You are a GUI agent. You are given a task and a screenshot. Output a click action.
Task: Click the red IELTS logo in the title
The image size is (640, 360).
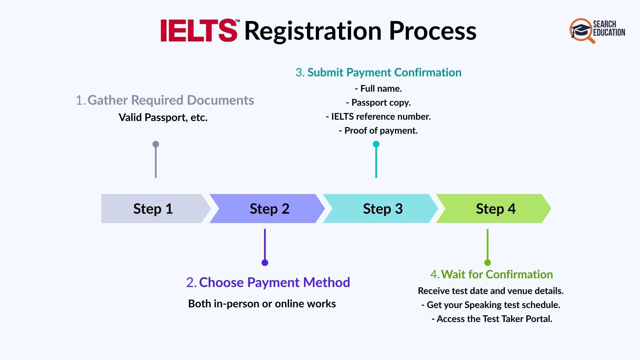pyautogui.click(x=199, y=31)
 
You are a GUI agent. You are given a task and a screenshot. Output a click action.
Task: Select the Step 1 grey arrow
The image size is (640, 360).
pyautogui.click(x=153, y=209)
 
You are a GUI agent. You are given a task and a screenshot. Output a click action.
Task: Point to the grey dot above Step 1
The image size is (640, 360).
pyautogui.click(x=156, y=144)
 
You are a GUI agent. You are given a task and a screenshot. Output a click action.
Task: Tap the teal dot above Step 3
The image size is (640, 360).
pyautogui.click(x=376, y=144)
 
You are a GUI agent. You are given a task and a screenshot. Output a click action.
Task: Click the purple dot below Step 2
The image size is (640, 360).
pyautogui.click(x=265, y=263)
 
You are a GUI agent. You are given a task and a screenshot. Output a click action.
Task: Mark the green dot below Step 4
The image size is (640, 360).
pyautogui.click(x=488, y=263)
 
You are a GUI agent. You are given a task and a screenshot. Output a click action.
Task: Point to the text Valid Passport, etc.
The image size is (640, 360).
pyautogui.click(x=163, y=117)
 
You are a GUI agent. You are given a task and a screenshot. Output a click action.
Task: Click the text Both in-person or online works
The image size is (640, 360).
pyautogui.click(x=262, y=304)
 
